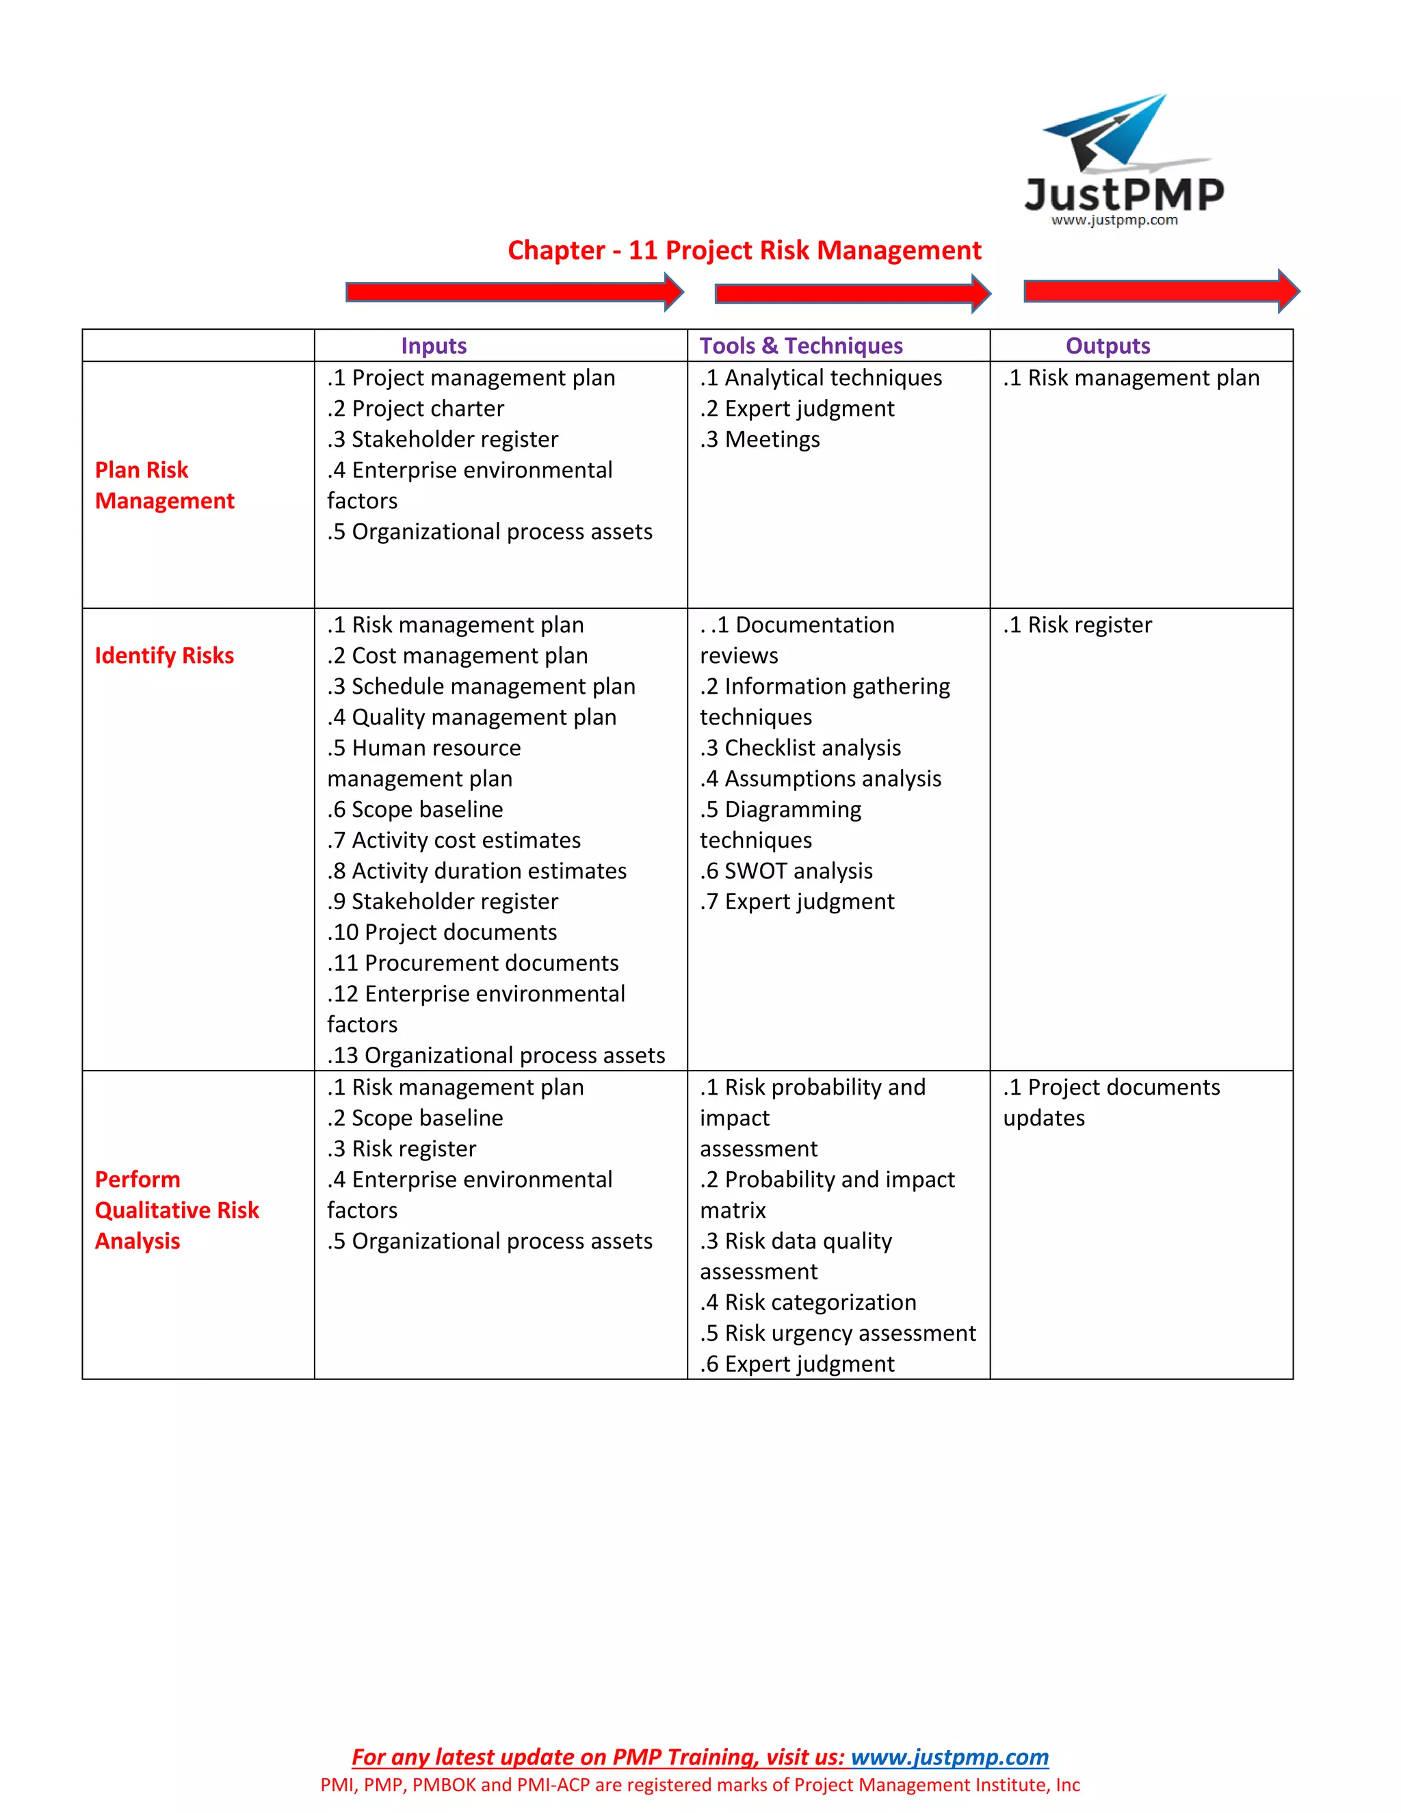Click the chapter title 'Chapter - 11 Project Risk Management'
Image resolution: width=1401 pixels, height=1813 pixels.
tap(744, 250)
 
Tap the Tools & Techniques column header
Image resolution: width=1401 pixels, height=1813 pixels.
tap(801, 346)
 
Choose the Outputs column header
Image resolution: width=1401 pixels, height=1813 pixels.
tap(1108, 346)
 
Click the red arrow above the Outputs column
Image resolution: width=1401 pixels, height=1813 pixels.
tap(1160, 291)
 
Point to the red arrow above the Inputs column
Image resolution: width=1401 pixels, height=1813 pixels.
tap(514, 292)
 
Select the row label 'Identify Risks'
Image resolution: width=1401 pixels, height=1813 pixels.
tap(164, 656)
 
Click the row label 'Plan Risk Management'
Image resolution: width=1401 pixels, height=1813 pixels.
tap(164, 486)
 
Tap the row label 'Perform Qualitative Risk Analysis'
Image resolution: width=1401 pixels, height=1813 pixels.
tap(176, 1210)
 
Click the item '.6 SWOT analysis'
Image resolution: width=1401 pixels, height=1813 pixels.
tap(786, 871)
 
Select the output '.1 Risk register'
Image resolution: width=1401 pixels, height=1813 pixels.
tap(1077, 625)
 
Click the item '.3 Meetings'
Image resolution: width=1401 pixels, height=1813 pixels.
tap(759, 439)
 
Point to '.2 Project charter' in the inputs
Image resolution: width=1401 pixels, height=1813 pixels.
tap(415, 408)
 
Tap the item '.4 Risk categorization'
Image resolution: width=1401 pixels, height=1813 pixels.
tap(808, 1303)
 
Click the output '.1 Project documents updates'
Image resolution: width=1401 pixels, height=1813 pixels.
tap(1110, 1102)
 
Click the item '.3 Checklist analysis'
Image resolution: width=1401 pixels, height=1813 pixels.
tap(800, 748)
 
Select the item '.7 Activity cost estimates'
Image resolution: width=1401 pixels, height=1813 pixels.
tap(454, 840)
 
